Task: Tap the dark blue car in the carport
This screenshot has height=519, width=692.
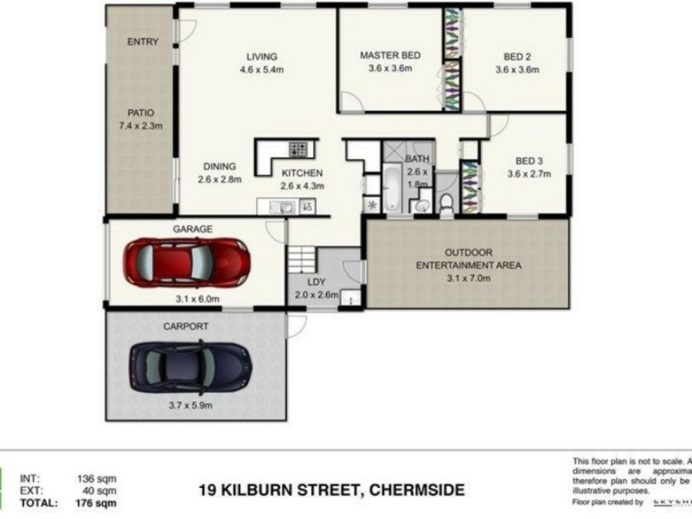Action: [190, 367]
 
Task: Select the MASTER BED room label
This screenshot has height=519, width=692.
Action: [389, 55]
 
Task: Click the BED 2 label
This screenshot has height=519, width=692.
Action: [516, 58]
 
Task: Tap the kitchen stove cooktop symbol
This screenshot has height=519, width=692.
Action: [298, 150]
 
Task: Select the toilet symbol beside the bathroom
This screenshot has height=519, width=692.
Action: [446, 202]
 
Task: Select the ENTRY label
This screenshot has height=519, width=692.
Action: [142, 42]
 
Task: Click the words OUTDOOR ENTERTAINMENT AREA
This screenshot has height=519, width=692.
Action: [469, 259]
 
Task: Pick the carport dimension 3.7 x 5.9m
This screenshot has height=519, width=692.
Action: [191, 404]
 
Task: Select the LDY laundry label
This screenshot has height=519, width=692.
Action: [317, 281]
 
